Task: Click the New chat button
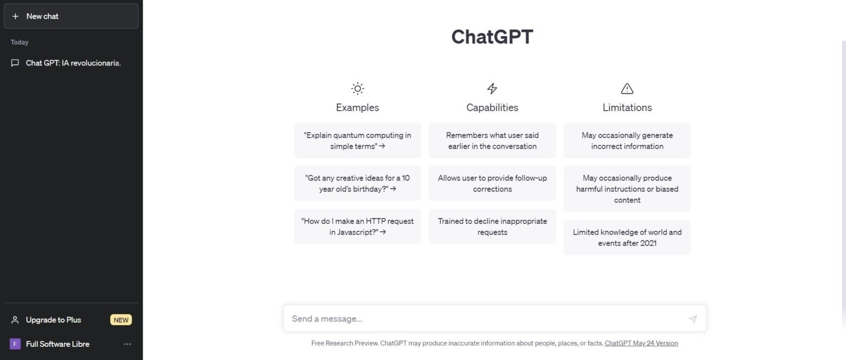pos(70,17)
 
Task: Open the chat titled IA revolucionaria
pos(73,63)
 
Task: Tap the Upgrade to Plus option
pos(53,320)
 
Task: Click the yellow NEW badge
pos(121,320)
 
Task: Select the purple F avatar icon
pos(15,344)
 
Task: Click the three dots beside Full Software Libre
pos(127,344)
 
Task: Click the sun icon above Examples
pos(357,89)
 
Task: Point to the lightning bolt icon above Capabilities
pos(492,89)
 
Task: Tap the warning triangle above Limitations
pos(627,89)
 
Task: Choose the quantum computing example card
pos(357,141)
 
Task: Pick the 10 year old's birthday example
pos(357,183)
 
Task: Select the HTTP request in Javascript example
pos(357,226)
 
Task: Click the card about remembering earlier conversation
pos(492,141)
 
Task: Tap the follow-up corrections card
pos(492,183)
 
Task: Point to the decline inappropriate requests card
pos(492,226)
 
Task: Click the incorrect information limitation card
pos(627,141)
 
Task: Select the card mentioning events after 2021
pos(627,237)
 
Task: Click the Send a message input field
pos(485,319)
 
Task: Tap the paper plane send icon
pos(693,319)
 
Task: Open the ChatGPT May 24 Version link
pos(641,343)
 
